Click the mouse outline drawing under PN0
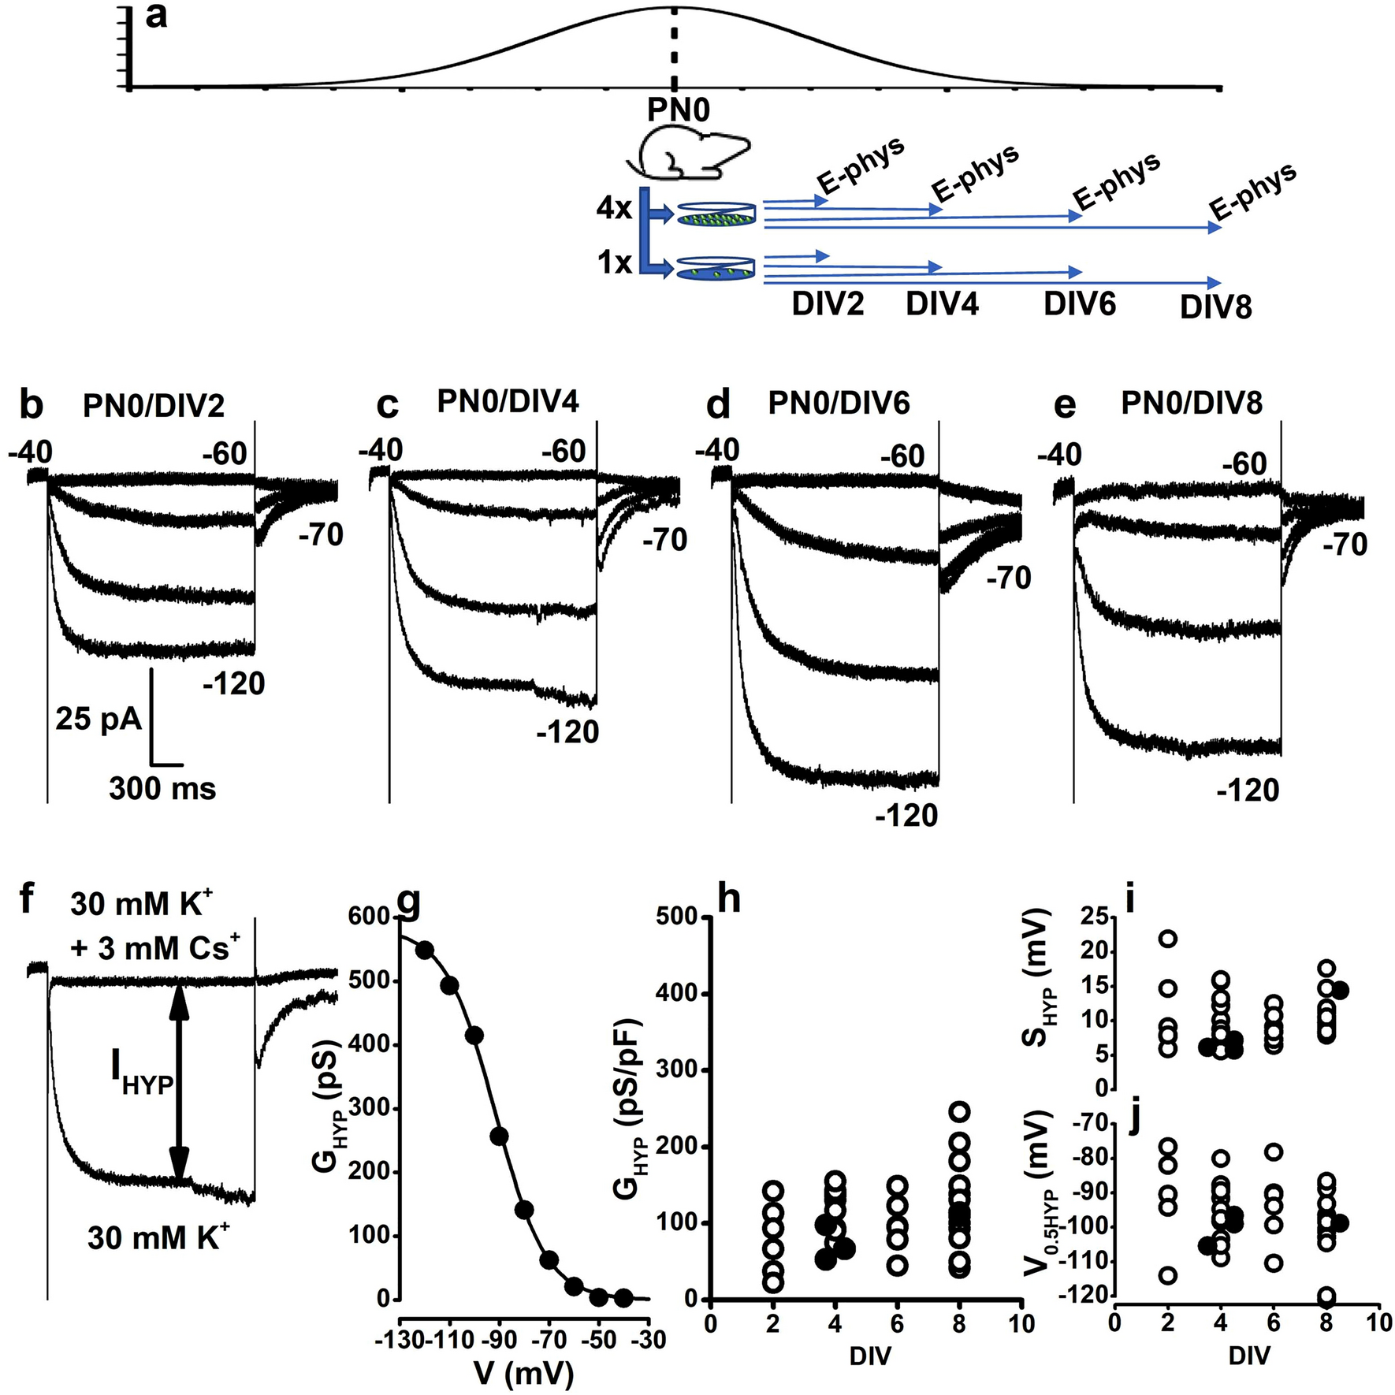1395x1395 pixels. [687, 155]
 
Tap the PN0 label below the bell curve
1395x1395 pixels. [678, 110]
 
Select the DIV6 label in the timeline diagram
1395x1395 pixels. [1080, 303]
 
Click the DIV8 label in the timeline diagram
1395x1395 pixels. [1215, 307]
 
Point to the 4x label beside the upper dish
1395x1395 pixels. [614, 209]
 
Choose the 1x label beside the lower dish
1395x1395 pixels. [615, 262]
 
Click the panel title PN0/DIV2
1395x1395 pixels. [154, 406]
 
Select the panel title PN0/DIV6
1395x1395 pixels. [839, 403]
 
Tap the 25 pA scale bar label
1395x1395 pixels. [98, 719]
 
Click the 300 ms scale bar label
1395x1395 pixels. [162, 788]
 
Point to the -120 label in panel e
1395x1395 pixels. [1248, 790]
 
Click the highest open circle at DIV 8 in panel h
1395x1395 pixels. [959, 1112]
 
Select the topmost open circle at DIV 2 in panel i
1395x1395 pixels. [1168, 939]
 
